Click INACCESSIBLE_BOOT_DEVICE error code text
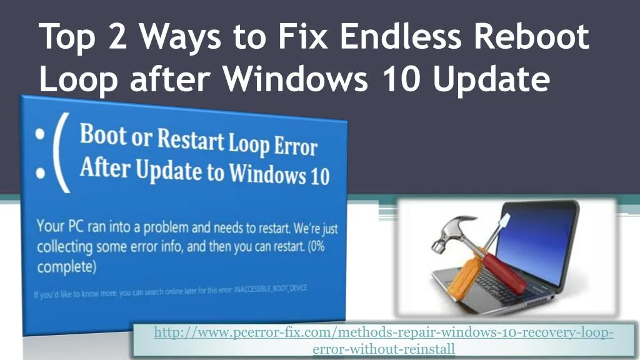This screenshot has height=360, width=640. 271,288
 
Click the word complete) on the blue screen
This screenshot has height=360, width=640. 66,267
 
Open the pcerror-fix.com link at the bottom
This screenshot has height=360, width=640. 383,333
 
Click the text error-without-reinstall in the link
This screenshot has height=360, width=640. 383,349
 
